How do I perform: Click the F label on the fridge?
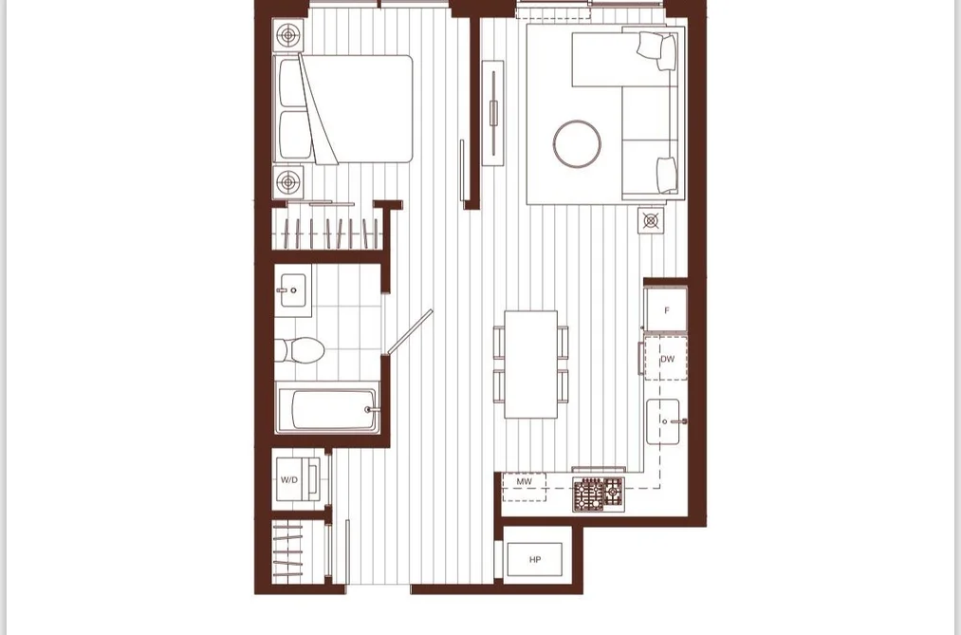tap(667, 310)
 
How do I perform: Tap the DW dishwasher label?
tap(668, 359)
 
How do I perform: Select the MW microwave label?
tap(524, 482)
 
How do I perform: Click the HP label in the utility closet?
tap(535, 560)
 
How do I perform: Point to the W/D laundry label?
tap(289, 480)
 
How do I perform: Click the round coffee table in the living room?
tap(577, 144)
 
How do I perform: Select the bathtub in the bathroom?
tap(327, 407)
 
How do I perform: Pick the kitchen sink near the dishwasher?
tap(664, 421)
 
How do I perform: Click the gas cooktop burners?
tap(599, 495)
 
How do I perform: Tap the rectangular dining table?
tap(530, 364)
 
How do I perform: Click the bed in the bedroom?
tap(343, 109)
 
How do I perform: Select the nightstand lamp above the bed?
tap(288, 35)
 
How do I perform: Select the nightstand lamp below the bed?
tap(288, 181)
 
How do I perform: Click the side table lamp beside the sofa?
tap(650, 220)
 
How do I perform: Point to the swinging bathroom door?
tap(410, 331)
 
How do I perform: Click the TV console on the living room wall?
tap(493, 113)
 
